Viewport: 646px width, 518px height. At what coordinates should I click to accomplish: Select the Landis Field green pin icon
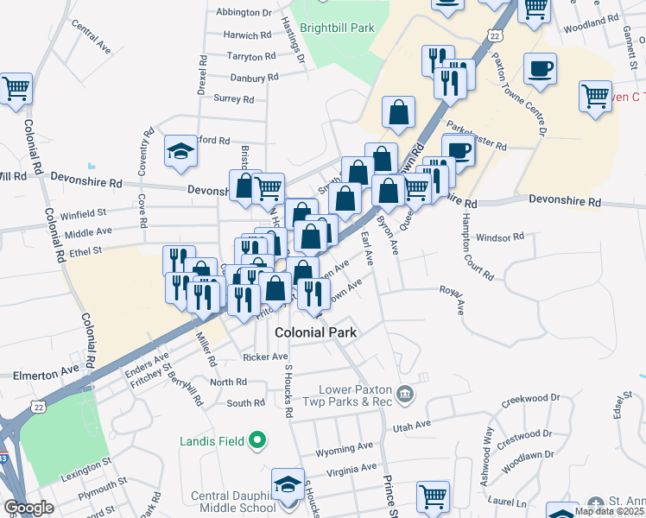(x=256, y=442)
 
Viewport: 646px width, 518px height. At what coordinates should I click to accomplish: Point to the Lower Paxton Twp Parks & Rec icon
(x=407, y=396)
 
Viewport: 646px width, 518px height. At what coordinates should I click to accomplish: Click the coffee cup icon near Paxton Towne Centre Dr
(x=540, y=69)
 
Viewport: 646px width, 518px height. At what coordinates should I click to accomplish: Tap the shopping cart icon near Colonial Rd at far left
(x=15, y=88)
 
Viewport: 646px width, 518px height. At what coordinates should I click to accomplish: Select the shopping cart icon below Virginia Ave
(x=434, y=497)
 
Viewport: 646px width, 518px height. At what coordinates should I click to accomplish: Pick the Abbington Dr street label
(x=244, y=12)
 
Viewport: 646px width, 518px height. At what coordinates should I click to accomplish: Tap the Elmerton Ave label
(x=46, y=376)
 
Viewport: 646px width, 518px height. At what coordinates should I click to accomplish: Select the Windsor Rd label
(x=500, y=237)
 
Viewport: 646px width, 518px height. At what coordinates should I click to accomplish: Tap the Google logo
(x=29, y=508)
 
